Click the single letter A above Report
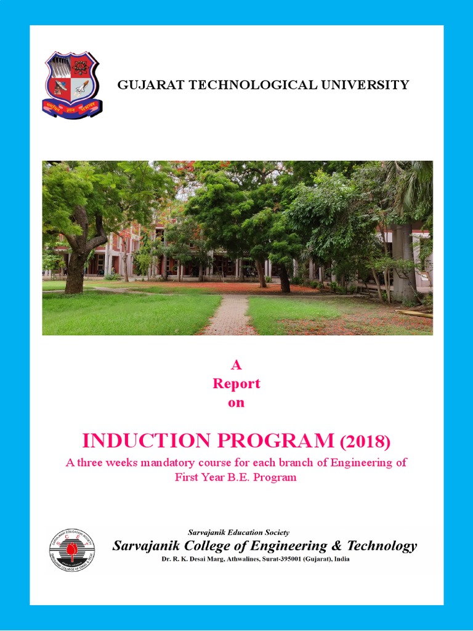(x=236, y=365)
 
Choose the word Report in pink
(x=236, y=384)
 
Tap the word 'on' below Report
(x=236, y=403)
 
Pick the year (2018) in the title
(x=365, y=442)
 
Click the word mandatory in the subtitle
(x=173, y=463)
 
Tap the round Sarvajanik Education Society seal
(x=72, y=550)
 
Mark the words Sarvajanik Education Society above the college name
(x=238, y=532)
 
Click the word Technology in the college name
(x=382, y=546)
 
